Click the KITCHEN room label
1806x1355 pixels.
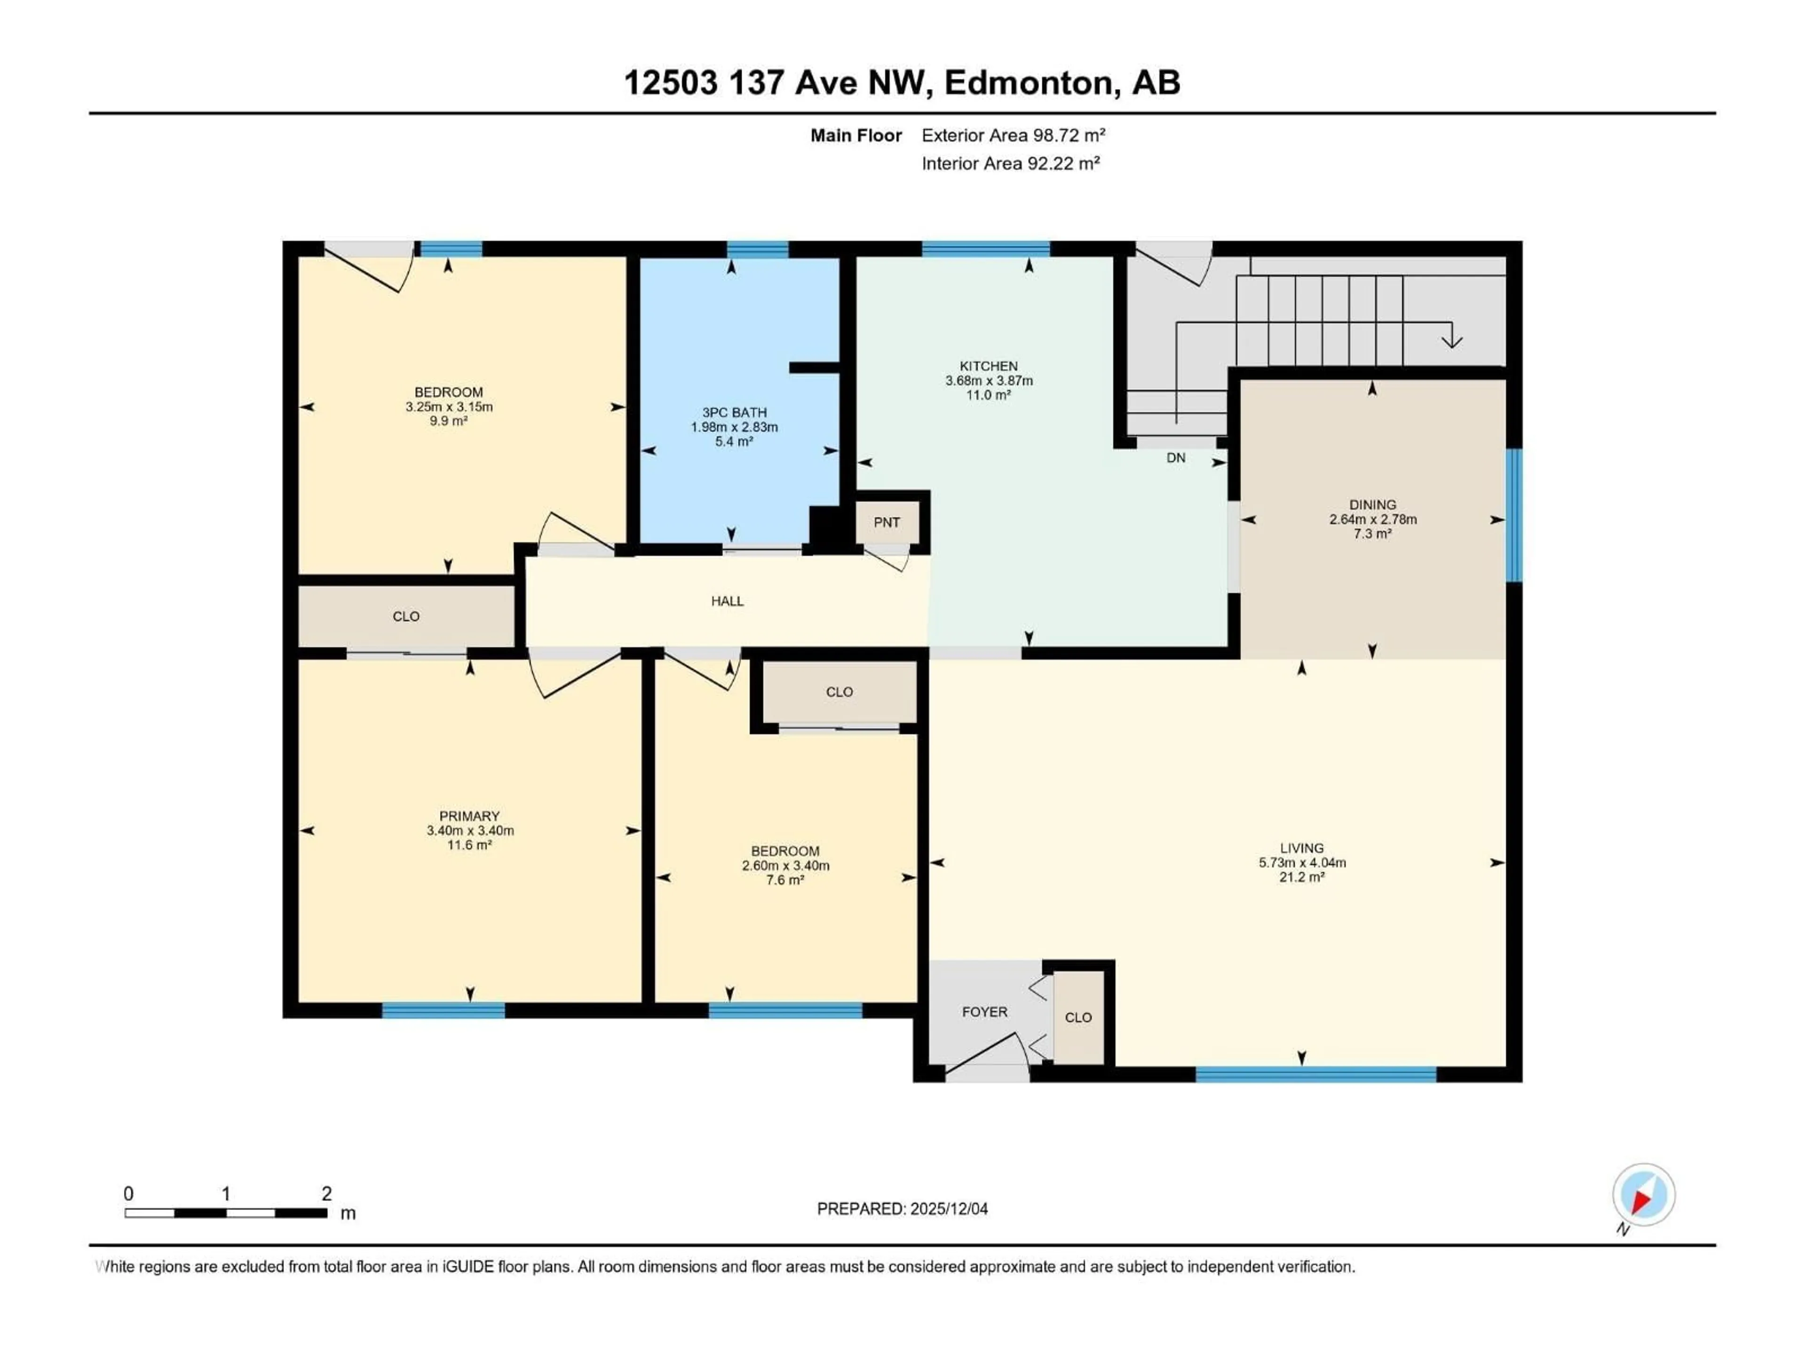point(988,366)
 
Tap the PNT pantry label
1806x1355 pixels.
point(887,523)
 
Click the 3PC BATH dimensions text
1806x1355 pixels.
point(734,427)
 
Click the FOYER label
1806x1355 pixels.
point(985,1012)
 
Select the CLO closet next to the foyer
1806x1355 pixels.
point(1078,1018)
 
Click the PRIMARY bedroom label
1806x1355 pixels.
point(469,816)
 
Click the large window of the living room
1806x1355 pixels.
point(1315,1074)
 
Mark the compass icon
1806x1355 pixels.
point(1644,1195)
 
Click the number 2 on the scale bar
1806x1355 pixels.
point(326,1193)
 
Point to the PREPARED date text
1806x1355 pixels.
point(902,1209)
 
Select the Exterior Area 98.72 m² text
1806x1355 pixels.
point(1013,135)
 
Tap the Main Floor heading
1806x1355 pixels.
point(855,135)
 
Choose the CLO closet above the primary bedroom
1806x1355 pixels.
point(406,617)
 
